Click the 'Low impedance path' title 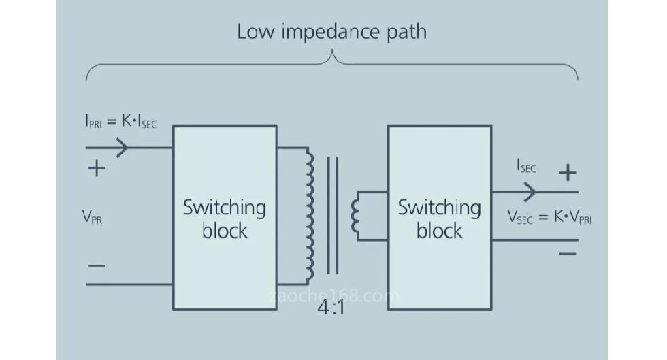click(331, 32)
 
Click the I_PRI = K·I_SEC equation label click(120, 122)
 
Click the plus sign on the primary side click(97, 168)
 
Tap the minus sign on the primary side click(97, 263)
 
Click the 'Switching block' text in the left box click(224, 218)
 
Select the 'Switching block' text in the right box click(439, 218)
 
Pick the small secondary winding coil click(355, 215)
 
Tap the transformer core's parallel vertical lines click(332, 214)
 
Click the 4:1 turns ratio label click(332, 307)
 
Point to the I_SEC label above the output click(526, 167)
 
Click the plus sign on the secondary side click(567, 173)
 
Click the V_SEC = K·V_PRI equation click(549, 217)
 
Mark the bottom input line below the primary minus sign click(129, 284)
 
